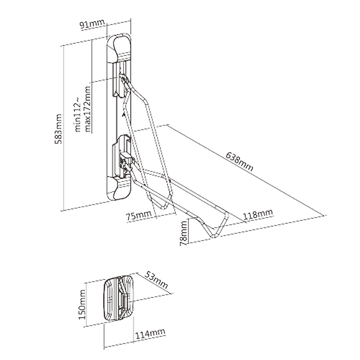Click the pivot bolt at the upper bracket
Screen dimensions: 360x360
click(123, 78)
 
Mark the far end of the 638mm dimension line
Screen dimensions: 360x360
click(324, 216)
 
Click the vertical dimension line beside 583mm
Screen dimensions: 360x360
click(63, 128)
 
